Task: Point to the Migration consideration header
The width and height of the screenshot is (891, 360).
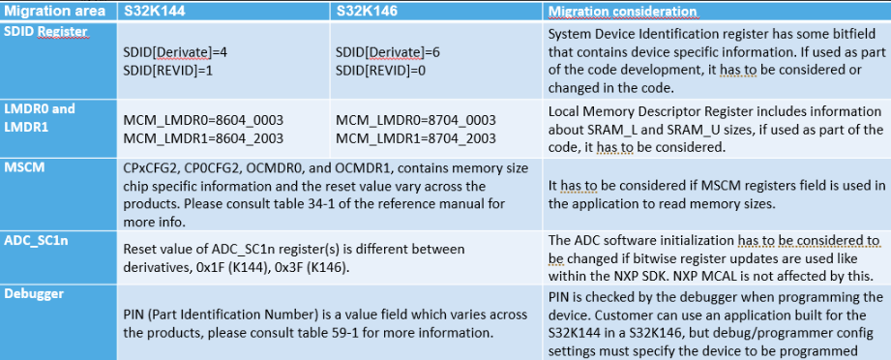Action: [622, 12]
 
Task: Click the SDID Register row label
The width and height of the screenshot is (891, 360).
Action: [45, 32]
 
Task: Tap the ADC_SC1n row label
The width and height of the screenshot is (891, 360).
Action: [38, 239]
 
